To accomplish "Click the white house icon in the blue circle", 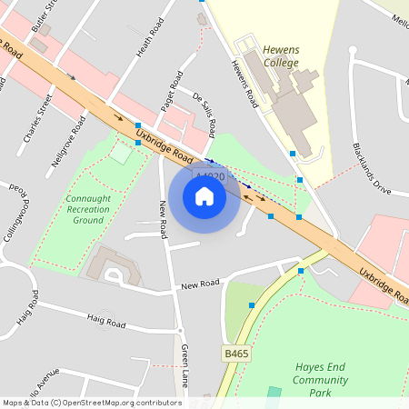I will pos(204,195).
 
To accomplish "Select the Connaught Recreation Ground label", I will pos(89,208).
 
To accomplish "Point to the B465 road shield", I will pos(235,353).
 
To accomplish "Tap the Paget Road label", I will pos(171,91).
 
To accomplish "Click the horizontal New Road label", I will pos(200,285).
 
